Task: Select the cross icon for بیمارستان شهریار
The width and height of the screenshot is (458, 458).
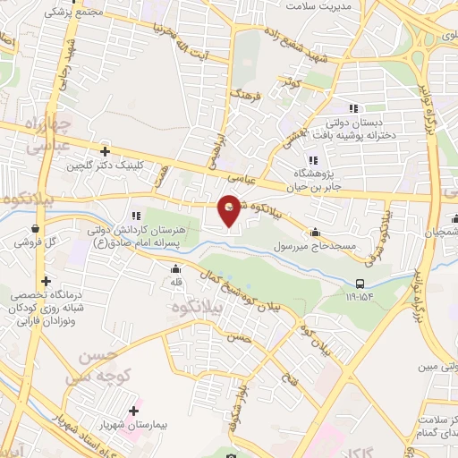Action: point(133,411)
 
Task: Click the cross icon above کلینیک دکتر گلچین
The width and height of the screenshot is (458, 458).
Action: point(105,151)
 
